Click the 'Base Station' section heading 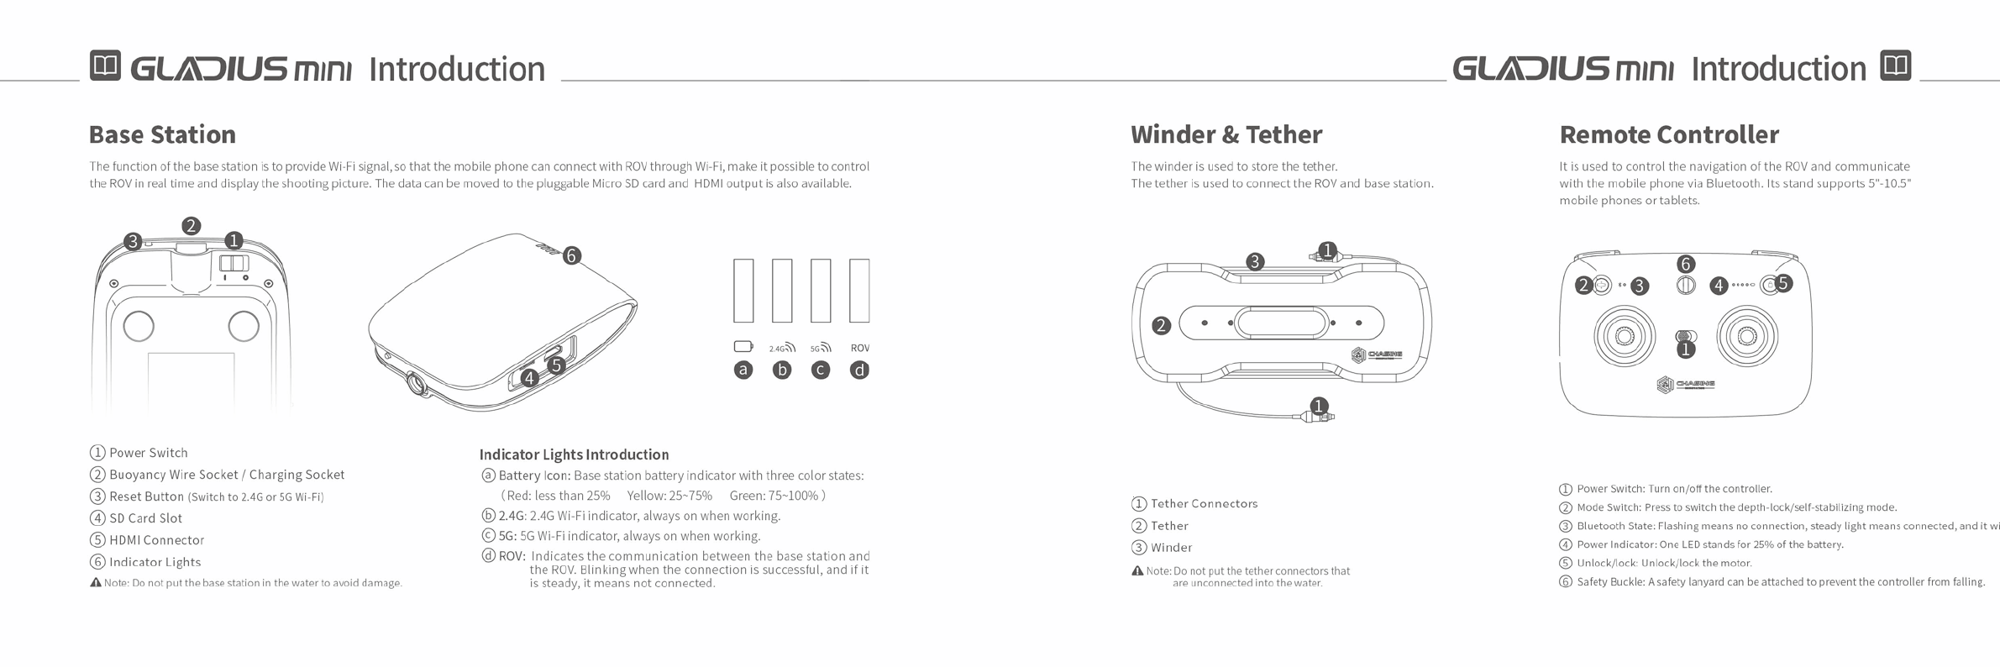[x=162, y=134]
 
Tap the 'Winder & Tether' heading [x=1226, y=134]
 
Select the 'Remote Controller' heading [x=1668, y=134]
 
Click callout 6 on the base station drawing [x=572, y=255]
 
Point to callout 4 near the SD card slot [x=529, y=378]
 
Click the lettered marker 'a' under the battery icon [x=743, y=370]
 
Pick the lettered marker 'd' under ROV [x=859, y=370]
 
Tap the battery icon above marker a [x=743, y=347]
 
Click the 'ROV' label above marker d [x=859, y=348]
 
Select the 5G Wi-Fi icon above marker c [x=821, y=347]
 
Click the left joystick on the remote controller [x=1624, y=336]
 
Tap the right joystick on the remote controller [x=1747, y=336]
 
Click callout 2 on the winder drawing [x=1162, y=325]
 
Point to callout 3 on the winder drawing [x=1255, y=261]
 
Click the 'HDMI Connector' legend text [x=156, y=540]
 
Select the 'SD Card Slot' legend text [x=145, y=518]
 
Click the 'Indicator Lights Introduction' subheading [x=574, y=454]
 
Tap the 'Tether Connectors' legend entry [x=1204, y=504]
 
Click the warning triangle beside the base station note [x=96, y=583]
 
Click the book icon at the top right [x=1895, y=66]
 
